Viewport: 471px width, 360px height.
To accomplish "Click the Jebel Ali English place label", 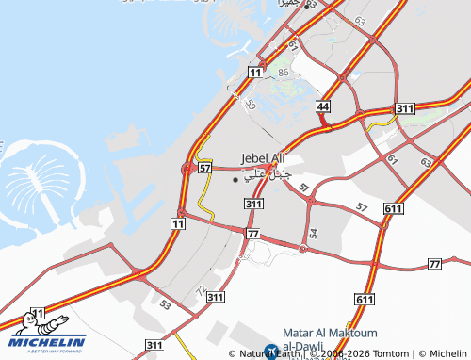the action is pyautogui.click(x=263, y=157).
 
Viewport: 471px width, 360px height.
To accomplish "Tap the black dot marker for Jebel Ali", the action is pyautogui.click(x=235, y=179).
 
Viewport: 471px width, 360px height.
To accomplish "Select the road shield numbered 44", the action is pyautogui.click(x=323, y=107).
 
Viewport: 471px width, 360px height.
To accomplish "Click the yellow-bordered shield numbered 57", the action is pyautogui.click(x=204, y=167).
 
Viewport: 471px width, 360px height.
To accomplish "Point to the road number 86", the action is pyautogui.click(x=284, y=73).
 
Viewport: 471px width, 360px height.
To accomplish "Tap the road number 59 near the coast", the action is pyautogui.click(x=250, y=106).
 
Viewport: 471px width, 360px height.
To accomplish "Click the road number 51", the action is pyautogui.click(x=303, y=188).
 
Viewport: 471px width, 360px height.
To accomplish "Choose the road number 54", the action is pyautogui.click(x=313, y=232).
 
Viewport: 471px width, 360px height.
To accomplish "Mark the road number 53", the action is pyautogui.click(x=166, y=305).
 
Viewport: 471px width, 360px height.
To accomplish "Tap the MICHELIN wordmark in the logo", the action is pyautogui.click(x=49, y=341).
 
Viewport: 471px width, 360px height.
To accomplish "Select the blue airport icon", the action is pyautogui.click(x=271, y=352).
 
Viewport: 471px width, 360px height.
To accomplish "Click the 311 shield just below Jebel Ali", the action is pyautogui.click(x=252, y=204).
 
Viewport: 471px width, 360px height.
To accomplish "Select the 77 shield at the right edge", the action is pyautogui.click(x=433, y=265).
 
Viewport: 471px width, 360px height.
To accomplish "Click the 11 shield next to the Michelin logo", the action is pyautogui.click(x=39, y=313).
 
